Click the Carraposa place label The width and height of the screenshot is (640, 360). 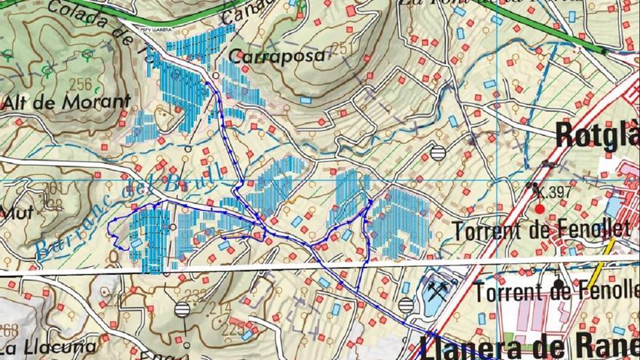[x=276, y=56]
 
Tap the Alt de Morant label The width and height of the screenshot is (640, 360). [x=66, y=102]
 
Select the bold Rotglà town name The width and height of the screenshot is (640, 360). [x=596, y=135]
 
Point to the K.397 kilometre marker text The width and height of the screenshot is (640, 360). [x=553, y=193]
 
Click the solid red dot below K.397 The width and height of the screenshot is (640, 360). [x=540, y=208]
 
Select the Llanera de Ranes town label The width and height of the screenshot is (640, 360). [x=531, y=345]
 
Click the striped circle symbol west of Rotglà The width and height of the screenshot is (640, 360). [x=438, y=153]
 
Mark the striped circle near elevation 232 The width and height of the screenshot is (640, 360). [x=182, y=309]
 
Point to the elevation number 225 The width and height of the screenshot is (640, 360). [x=233, y=329]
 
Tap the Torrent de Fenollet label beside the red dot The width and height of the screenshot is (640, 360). [x=541, y=231]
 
